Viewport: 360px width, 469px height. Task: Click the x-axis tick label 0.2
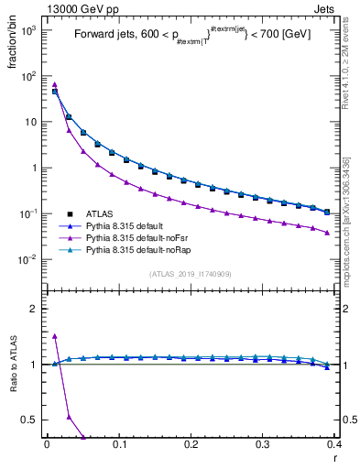pyautogui.click(x=191, y=444)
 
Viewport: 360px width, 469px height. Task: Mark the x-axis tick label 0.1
pyautogui.click(x=119, y=444)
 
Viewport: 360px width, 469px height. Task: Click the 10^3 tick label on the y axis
pyautogui.click(x=28, y=30)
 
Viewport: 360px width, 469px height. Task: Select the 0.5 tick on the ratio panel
pyautogui.click(x=31, y=420)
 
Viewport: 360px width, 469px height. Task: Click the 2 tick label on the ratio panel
pyautogui.click(x=36, y=309)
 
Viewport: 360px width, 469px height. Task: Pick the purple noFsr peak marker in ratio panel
pyautogui.click(x=55, y=336)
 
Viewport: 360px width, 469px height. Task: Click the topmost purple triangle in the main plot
pyautogui.click(x=55, y=84)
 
